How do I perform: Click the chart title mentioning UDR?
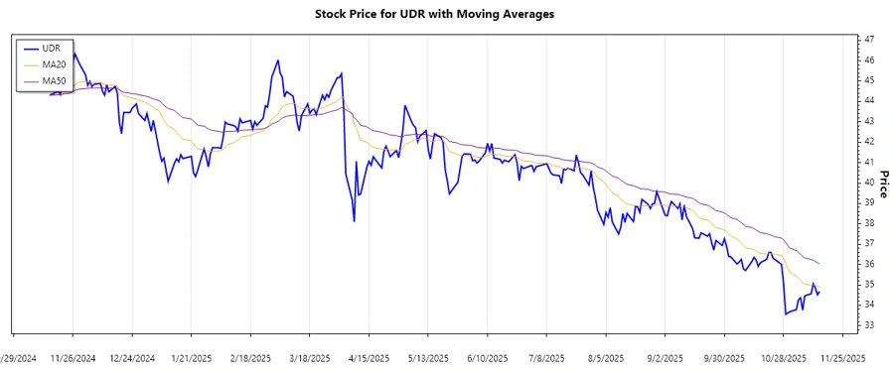pos(447,14)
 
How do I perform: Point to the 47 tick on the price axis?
pos(869,39)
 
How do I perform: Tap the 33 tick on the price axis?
pos(869,325)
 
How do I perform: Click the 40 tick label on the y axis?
pos(869,182)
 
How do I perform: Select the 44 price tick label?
pos(869,100)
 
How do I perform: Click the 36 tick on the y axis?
pos(869,264)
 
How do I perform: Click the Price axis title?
pos(884,182)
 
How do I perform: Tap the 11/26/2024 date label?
pos(73,357)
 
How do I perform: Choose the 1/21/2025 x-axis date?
pos(191,357)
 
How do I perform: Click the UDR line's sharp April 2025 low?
pos(354,220)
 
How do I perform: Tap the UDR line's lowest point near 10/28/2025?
pos(785,314)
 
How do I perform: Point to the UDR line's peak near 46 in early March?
pos(277,61)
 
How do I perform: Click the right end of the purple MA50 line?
pos(819,264)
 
